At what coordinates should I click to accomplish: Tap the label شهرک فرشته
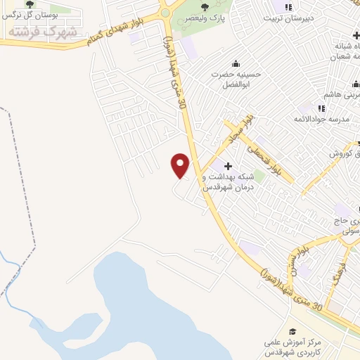click(41, 32)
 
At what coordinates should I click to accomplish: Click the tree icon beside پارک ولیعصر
click(205, 8)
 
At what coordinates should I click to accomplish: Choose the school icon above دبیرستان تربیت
click(287, 8)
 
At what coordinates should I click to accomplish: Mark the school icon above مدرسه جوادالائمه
click(321, 108)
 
